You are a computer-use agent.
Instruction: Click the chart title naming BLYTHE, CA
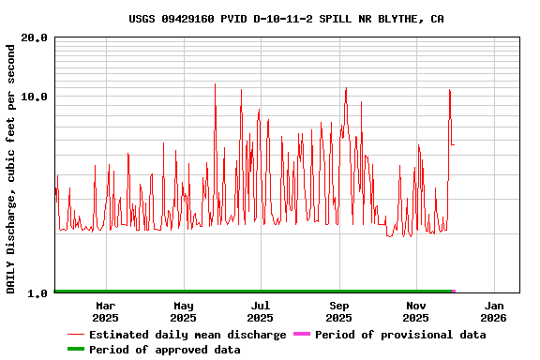coord(287,19)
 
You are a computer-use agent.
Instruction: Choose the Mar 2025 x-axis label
coord(106,311)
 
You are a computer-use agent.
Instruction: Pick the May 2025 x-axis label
coord(184,311)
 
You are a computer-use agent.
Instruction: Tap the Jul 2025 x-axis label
coord(261,311)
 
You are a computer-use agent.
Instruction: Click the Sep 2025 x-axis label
coord(339,311)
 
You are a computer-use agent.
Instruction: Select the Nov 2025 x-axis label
coord(416,311)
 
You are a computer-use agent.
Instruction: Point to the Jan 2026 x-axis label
coord(494,311)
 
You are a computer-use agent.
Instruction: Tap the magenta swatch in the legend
coord(301,335)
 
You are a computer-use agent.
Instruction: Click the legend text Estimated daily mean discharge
coord(187,335)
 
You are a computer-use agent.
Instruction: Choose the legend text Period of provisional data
coord(400,335)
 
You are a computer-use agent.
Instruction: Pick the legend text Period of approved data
coord(165,350)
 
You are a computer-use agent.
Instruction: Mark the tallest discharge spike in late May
coord(216,84)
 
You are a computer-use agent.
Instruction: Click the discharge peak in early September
coord(346,89)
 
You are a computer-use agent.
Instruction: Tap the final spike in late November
coord(450,91)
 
